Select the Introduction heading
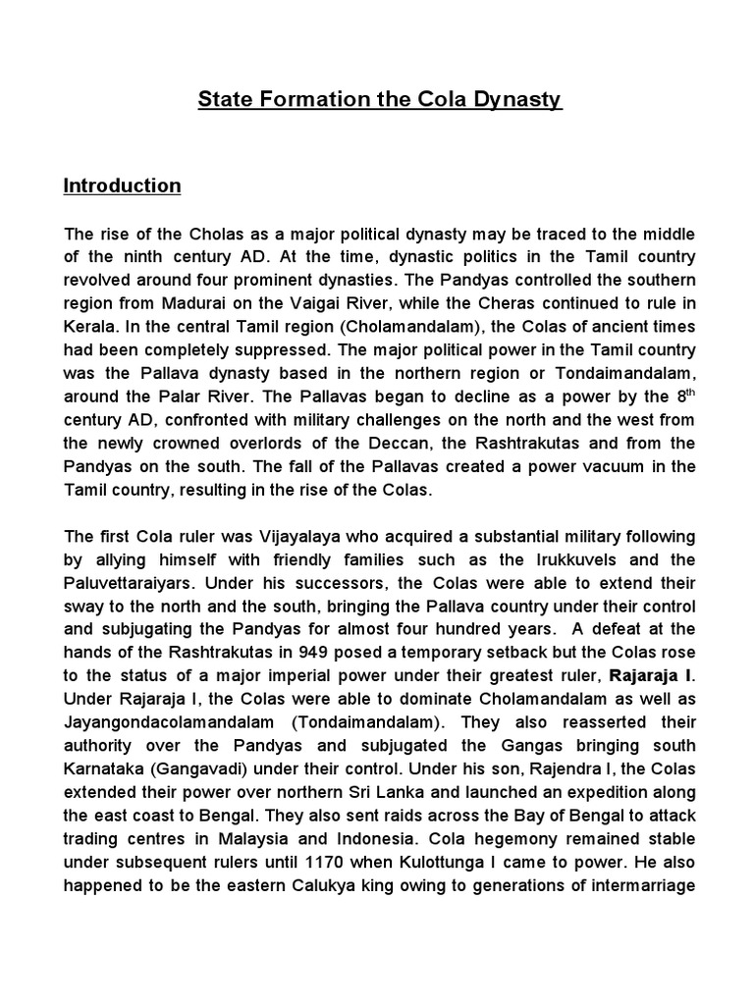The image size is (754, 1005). pyautogui.click(x=123, y=185)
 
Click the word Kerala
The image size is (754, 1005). pyautogui.click(x=91, y=327)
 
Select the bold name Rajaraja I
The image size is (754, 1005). pyautogui.click(x=651, y=678)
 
